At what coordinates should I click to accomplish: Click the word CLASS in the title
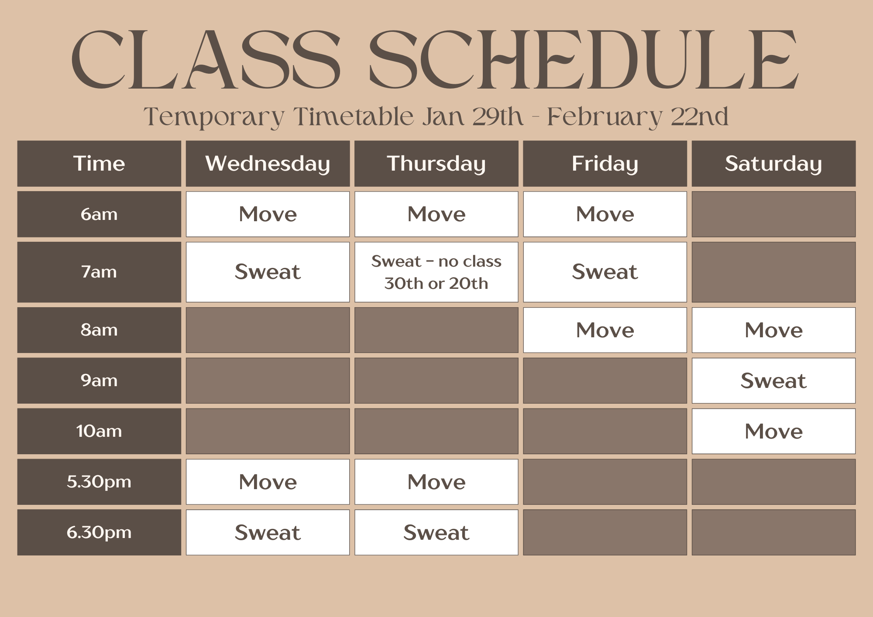pos(205,60)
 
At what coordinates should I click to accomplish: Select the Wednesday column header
pos(268,164)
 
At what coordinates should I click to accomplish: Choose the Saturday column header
pos(773,164)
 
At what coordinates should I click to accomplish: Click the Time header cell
pos(99,164)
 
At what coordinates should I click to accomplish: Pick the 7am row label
pos(99,272)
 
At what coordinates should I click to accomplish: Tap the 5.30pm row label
pos(99,482)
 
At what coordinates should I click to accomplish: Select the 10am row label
pos(99,431)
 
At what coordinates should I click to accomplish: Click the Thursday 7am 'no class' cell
pos(436,272)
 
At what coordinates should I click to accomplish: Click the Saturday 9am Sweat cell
pos(773,380)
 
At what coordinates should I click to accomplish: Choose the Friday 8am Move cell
pos(605,330)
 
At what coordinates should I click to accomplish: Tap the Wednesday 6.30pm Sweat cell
pos(268,532)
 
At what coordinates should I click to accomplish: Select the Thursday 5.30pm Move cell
pos(436,482)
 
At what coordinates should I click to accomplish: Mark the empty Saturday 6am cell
pos(773,214)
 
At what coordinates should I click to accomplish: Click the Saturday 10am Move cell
pos(773,431)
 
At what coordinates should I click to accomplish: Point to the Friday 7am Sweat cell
pos(605,272)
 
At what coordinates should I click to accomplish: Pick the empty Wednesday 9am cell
pos(268,380)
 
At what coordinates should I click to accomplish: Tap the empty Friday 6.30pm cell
pos(605,532)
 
